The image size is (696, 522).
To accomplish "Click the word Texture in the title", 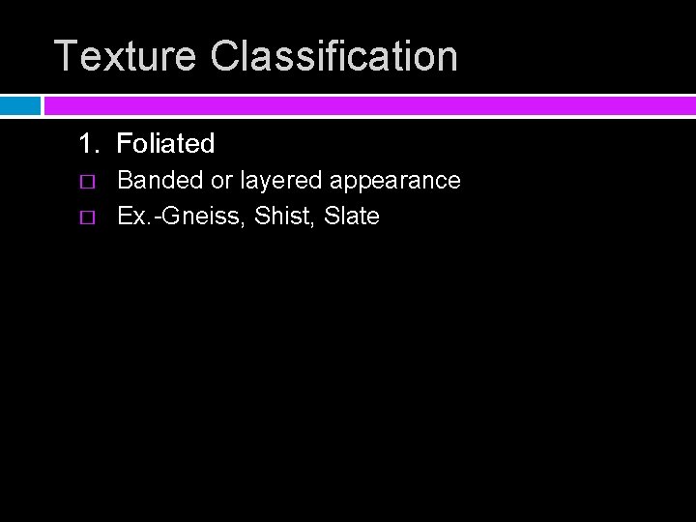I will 127,56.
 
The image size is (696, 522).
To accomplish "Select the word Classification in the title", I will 333,56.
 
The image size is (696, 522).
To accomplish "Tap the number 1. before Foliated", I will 89,144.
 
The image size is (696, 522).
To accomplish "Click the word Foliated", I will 165,144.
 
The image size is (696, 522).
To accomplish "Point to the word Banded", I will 160,181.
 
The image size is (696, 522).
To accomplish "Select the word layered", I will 281,181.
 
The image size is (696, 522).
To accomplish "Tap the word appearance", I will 395,181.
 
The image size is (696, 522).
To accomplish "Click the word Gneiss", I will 208,217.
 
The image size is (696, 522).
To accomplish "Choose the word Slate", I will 352,217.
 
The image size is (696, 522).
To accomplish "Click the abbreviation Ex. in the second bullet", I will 132,217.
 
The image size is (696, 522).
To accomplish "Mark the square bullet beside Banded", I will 88,182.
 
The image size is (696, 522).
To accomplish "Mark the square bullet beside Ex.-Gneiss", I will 88,217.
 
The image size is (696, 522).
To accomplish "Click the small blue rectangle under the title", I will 19,105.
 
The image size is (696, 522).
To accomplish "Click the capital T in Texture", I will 65,56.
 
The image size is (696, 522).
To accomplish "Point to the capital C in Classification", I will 224,56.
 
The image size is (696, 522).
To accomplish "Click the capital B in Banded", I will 125,181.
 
